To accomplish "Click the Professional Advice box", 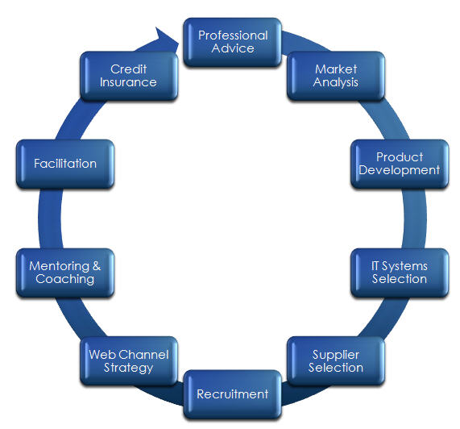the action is (232, 42).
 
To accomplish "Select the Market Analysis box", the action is (336, 76).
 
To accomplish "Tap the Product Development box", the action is (400, 164).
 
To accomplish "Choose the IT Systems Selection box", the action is (400, 273).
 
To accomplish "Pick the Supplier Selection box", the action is (336, 361).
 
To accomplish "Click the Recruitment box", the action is (232, 394).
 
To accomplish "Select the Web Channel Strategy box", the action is (129, 361).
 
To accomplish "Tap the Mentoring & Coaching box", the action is (65, 273).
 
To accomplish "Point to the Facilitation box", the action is (65, 164).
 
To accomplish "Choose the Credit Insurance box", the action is (129, 76).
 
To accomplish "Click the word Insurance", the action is (128, 82).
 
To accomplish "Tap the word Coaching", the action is (64, 279).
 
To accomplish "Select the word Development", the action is (400, 171).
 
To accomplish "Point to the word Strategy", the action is (129, 368).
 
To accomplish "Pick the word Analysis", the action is (336, 82).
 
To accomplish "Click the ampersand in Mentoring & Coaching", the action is (97, 266).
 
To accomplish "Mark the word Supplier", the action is (336, 355).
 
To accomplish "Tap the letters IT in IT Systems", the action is (375, 266).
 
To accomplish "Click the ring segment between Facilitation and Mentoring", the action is (50, 219).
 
